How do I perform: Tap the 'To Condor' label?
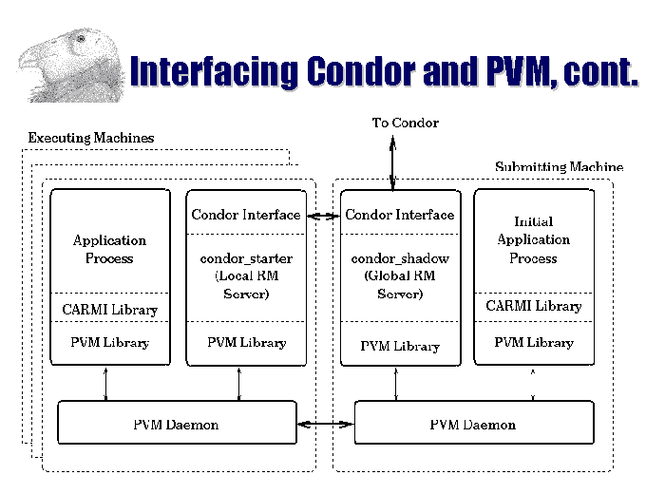pos(405,123)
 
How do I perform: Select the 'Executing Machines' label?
pos(90,138)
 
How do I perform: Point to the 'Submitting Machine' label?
pos(559,167)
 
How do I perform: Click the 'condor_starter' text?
pos(246,258)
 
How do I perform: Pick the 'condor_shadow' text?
pos(400,258)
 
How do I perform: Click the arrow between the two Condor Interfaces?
pos(323,216)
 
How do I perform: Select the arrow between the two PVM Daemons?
pos(326,424)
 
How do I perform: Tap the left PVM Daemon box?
pos(176,424)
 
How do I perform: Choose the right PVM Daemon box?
pos(473,424)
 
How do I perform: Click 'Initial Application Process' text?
pos(533,239)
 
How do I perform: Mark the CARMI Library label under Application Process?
pos(110,310)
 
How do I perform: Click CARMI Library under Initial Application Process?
pos(533,306)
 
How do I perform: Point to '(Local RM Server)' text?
pos(246,285)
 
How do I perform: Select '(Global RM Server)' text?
pos(400,285)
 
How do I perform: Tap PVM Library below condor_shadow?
pos(400,346)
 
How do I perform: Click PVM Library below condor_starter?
pos(246,342)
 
